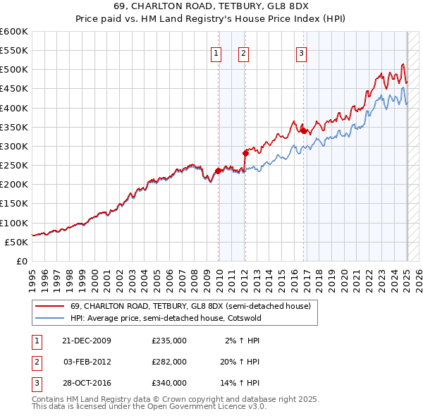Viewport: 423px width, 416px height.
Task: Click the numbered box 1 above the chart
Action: point(215,52)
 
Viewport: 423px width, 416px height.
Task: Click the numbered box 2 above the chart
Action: point(243,52)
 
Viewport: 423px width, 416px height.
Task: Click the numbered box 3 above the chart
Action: point(301,52)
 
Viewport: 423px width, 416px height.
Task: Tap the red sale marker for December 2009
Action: point(219,171)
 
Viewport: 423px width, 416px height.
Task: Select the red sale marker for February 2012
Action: point(245,152)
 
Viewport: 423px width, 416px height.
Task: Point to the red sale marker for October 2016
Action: point(303,130)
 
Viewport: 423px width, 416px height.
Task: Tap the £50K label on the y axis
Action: point(17,242)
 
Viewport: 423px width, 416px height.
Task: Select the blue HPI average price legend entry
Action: point(165,318)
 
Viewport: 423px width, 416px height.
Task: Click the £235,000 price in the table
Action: point(169,341)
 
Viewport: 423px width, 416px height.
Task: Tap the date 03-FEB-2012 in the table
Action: point(87,361)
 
